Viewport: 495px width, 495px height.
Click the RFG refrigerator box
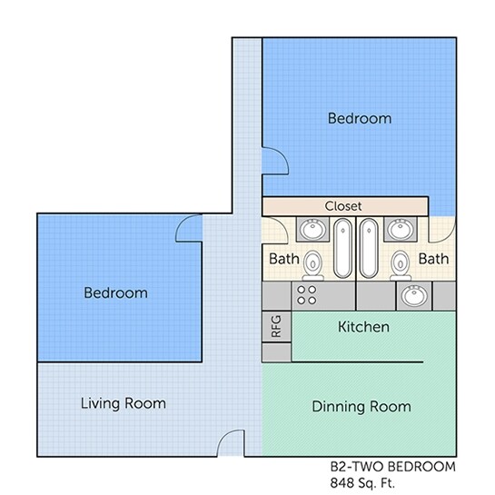click(276, 326)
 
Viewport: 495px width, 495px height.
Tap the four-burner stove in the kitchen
click(306, 295)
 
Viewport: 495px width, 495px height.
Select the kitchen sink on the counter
click(414, 296)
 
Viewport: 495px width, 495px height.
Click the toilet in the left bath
click(312, 265)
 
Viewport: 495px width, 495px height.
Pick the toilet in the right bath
click(401, 265)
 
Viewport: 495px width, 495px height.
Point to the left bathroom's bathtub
click(342, 249)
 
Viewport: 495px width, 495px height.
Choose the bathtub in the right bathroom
click(369, 249)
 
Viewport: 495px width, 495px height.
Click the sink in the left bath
click(312, 229)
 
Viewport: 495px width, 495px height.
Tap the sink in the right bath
click(401, 229)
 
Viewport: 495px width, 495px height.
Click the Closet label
click(343, 206)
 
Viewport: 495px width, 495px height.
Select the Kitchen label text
click(363, 327)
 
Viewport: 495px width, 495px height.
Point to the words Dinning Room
click(361, 406)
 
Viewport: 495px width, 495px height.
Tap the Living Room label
click(124, 403)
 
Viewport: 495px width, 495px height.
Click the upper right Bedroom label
click(360, 118)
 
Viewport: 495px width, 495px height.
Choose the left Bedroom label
click(115, 293)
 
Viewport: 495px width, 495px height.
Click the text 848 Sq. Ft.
click(362, 483)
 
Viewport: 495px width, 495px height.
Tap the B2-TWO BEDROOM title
click(392, 467)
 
